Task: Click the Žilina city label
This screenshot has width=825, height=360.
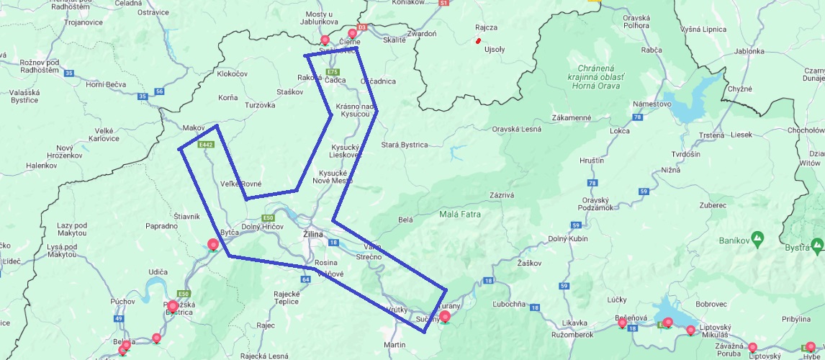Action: pos(312,235)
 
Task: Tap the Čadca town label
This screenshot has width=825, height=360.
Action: pos(335,81)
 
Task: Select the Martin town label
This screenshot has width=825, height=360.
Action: pos(395,345)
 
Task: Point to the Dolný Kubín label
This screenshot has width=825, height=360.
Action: pos(568,238)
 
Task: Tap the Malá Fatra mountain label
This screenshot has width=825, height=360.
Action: pos(459,214)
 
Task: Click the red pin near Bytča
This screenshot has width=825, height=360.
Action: pos(213,245)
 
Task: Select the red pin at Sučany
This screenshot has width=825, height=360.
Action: pos(445,316)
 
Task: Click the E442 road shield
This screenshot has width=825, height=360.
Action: pos(206,145)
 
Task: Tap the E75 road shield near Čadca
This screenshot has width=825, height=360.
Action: pos(332,72)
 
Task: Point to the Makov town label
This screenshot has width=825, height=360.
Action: pos(194,127)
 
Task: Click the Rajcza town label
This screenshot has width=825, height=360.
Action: pos(487,27)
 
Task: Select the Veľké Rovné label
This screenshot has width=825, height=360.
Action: pos(241,184)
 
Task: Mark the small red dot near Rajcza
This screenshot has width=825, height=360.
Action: pos(478,41)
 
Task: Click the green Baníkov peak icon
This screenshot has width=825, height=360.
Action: pos(757,237)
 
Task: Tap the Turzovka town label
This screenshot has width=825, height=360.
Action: pos(260,105)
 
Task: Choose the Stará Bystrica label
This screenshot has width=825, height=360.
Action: pos(404,145)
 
